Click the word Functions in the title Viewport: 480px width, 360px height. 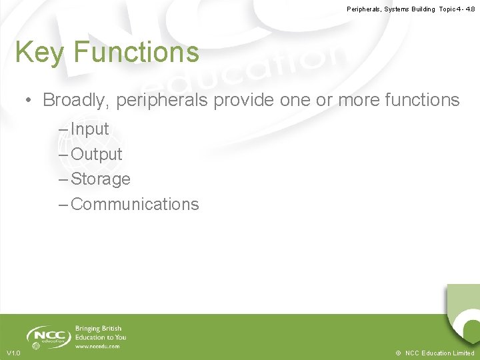click(x=137, y=52)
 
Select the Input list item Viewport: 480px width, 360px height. click(x=89, y=129)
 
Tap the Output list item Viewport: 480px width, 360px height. click(x=96, y=154)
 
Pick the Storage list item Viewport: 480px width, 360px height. click(x=100, y=179)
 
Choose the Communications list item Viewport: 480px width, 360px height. click(x=134, y=205)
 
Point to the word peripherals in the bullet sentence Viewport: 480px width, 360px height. click(x=162, y=100)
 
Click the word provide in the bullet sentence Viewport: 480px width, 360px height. click(x=243, y=100)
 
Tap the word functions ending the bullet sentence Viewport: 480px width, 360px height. click(x=417, y=100)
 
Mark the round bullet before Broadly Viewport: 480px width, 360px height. click(x=29, y=101)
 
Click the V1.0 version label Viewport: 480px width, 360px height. click(x=13, y=353)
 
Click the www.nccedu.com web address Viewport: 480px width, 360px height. click(x=97, y=347)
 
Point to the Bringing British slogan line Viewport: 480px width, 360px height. click(x=98, y=329)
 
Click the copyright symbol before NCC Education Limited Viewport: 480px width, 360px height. click(x=397, y=353)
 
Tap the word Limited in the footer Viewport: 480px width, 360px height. click(x=462, y=353)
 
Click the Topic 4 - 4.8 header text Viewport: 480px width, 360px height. click(x=457, y=9)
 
